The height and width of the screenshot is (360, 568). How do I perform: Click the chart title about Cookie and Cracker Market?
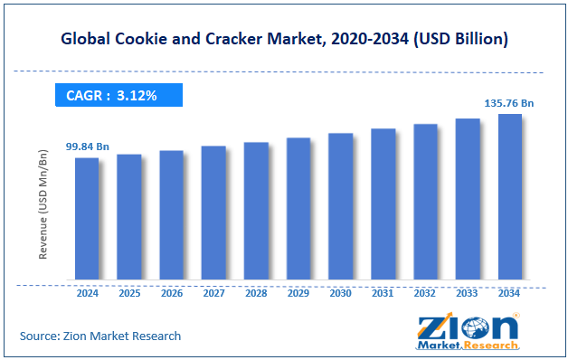click(x=284, y=39)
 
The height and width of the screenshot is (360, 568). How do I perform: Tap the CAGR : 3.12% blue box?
click(x=118, y=95)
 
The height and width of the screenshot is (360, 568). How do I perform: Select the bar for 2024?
click(x=87, y=218)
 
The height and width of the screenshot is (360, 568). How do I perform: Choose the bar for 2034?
click(x=509, y=196)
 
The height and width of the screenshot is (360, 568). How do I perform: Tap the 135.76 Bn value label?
click(x=509, y=103)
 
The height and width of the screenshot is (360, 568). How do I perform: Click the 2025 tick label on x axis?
click(x=129, y=293)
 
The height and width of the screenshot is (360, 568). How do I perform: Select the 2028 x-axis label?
click(x=256, y=293)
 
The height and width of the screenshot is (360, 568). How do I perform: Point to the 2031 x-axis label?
click(x=383, y=293)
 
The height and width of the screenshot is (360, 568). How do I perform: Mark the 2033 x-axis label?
click(x=467, y=293)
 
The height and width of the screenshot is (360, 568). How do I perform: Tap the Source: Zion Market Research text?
click(x=100, y=336)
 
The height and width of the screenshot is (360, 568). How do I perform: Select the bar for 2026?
click(x=171, y=214)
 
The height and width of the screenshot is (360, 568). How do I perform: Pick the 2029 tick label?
click(x=298, y=293)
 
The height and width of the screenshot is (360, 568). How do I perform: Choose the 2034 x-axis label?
click(x=509, y=293)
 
